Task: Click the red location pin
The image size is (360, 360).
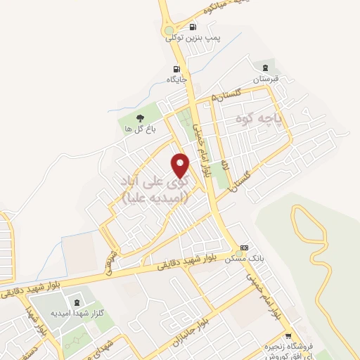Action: click(181, 165)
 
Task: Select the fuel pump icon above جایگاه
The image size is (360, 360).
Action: click(176, 69)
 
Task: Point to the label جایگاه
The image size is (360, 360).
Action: click(176, 79)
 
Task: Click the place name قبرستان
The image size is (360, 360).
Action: click(266, 79)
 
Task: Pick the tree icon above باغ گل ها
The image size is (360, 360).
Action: click(139, 118)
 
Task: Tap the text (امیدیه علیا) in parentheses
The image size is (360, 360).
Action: click(155, 199)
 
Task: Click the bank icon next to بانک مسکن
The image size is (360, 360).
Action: click(244, 247)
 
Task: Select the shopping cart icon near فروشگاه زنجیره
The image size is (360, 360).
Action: click(288, 336)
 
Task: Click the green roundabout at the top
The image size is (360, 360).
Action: click(169, 32)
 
